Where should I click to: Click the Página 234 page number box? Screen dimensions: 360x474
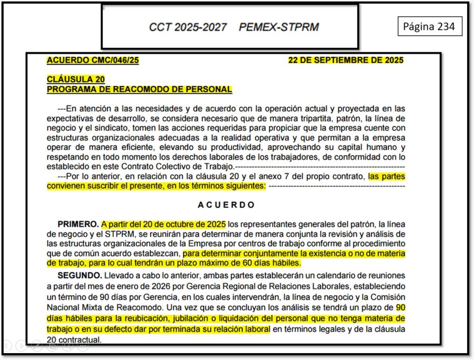(x=429, y=27)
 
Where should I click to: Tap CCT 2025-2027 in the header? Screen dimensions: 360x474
(x=187, y=27)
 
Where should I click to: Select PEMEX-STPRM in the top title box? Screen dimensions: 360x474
(x=279, y=27)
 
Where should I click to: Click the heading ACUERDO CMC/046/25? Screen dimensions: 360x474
(x=93, y=60)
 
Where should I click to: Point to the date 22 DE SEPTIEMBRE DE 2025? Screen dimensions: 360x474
(x=345, y=60)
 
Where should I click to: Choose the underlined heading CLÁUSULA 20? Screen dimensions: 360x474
(x=75, y=80)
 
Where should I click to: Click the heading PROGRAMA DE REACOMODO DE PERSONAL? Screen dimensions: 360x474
(x=139, y=89)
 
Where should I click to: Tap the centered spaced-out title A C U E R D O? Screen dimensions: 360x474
(x=226, y=205)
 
